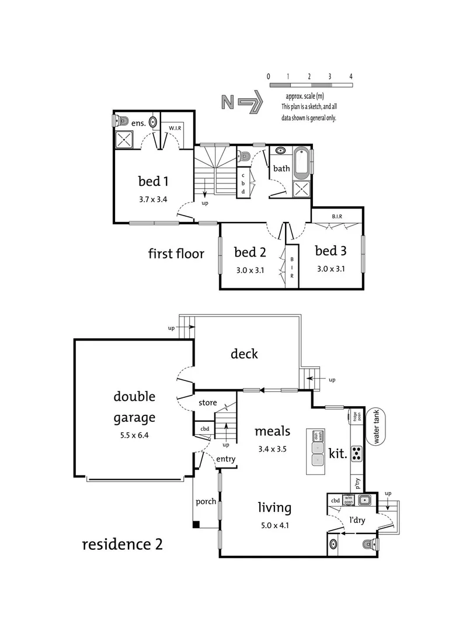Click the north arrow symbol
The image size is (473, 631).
(x=241, y=102)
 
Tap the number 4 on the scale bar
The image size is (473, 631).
(x=351, y=77)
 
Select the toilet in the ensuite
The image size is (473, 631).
(x=120, y=122)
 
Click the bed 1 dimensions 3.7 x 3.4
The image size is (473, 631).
(x=153, y=199)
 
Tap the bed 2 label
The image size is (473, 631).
(x=250, y=252)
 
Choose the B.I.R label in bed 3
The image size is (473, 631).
(x=337, y=216)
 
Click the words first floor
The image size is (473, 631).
(x=176, y=254)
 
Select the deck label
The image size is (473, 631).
(x=244, y=353)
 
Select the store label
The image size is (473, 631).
(x=208, y=403)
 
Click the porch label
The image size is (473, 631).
(x=206, y=501)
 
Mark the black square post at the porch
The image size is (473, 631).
(x=196, y=523)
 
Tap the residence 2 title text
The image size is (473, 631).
(x=122, y=545)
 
